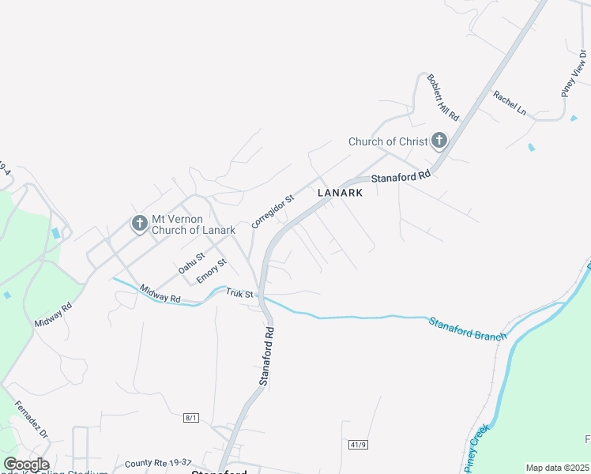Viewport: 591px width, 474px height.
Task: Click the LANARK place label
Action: [x=341, y=193]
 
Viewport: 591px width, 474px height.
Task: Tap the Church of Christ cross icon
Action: [x=439, y=141]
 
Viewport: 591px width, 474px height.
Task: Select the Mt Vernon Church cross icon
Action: [x=140, y=224]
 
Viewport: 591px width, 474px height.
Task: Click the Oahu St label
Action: [x=191, y=263]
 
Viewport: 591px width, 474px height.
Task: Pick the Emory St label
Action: [x=212, y=272]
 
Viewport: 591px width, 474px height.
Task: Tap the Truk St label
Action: [x=239, y=294]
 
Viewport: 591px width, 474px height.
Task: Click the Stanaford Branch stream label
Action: [x=467, y=329]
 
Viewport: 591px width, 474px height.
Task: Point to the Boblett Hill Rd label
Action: [x=442, y=97]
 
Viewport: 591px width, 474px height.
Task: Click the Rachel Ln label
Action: [x=510, y=103]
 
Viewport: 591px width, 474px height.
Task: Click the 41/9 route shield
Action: [x=358, y=445]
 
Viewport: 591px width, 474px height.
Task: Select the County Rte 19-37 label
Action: [x=158, y=463]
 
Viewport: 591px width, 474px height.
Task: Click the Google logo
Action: [x=26, y=465]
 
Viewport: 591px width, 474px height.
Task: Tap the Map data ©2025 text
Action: [x=557, y=468]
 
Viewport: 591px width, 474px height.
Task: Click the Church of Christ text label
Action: [x=387, y=142]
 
